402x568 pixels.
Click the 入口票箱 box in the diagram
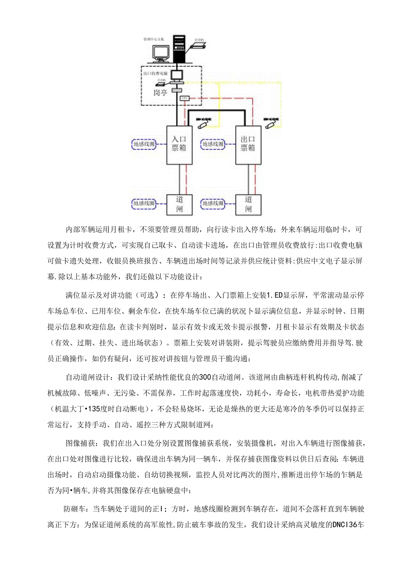coord(179,145)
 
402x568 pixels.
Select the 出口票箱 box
coord(248,145)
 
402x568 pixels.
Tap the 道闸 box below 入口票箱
coord(179,204)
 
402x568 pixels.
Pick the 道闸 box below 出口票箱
coord(248,204)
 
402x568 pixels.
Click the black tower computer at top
coord(179,49)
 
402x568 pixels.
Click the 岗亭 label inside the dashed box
coord(160,93)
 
